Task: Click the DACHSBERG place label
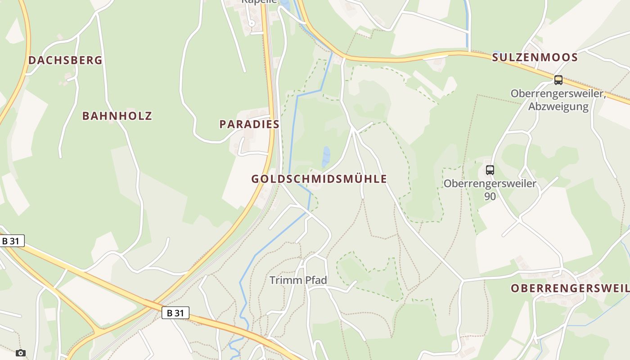pos(65,60)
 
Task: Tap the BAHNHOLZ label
pos(117,116)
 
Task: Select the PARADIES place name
pos(249,124)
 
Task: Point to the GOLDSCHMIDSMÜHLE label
pos(319,179)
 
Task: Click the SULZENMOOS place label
pos(535,58)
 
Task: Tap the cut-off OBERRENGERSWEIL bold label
pos(570,288)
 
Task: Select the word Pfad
pos(316,280)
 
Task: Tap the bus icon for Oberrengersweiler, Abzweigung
pos(558,80)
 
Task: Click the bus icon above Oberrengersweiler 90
pos(490,170)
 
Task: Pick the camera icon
pos(20,353)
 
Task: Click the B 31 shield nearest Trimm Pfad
pos(175,313)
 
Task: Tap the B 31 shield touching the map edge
pos(11,241)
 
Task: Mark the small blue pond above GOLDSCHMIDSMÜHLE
pos(326,157)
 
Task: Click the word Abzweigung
pos(558,107)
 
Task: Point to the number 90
pos(490,196)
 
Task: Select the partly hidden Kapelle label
pos(260,1)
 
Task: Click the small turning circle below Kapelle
pos(252,23)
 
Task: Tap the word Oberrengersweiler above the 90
pos(490,184)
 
